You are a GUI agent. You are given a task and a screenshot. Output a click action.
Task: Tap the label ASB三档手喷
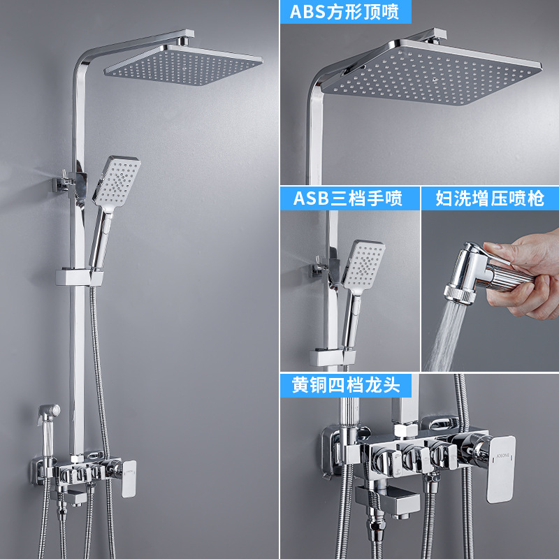point(347,198)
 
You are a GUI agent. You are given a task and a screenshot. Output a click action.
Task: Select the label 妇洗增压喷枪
point(489,198)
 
